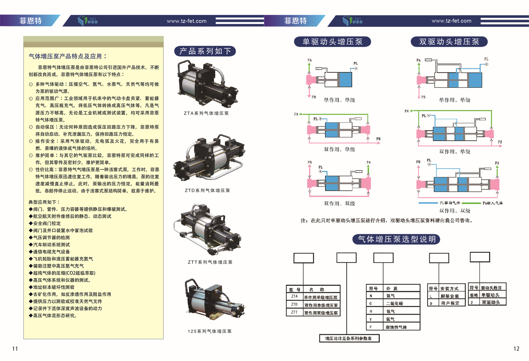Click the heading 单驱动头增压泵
[x=332, y=42]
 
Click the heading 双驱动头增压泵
[x=449, y=42]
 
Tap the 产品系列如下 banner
[x=205, y=51]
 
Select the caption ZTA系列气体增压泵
[x=206, y=113]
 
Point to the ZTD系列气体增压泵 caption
[x=207, y=190]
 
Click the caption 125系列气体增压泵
[x=209, y=331]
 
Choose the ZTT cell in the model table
[x=294, y=312]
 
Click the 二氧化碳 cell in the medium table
[x=394, y=303]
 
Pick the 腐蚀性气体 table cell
[x=396, y=327]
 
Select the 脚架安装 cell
[x=450, y=296]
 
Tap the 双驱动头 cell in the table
[x=491, y=302]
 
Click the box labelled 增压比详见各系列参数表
[x=349, y=338]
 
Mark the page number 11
[x=15, y=349]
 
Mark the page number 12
[x=516, y=349]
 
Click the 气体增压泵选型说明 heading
[x=396, y=239]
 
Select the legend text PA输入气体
[x=493, y=203]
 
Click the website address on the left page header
[x=187, y=21]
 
